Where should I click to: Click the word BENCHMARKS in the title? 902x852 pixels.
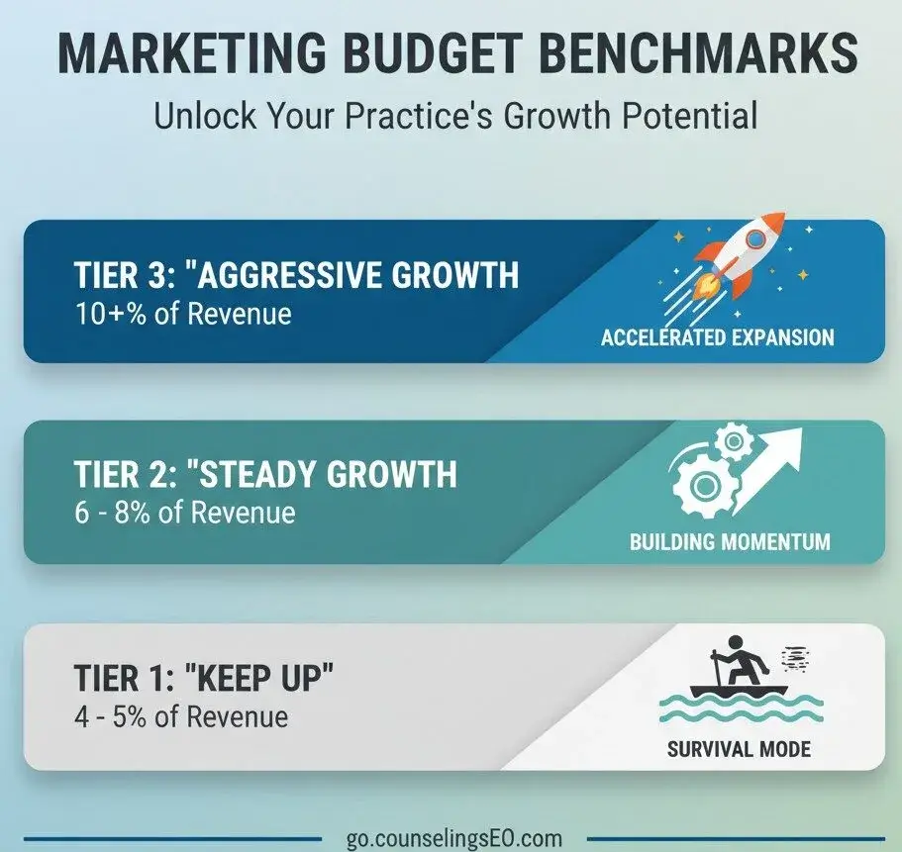pyautogui.click(x=698, y=52)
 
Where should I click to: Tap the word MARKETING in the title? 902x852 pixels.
pyautogui.click(x=192, y=52)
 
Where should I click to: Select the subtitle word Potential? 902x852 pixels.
pyautogui.click(x=689, y=116)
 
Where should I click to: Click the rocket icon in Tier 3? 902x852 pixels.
pyautogui.click(x=738, y=257)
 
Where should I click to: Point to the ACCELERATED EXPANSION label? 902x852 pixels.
pyautogui.click(x=718, y=336)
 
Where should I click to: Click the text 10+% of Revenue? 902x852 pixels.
pyautogui.click(x=183, y=314)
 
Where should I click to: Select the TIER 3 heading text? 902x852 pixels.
pyautogui.click(x=296, y=274)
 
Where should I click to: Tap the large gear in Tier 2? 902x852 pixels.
pyautogui.click(x=703, y=486)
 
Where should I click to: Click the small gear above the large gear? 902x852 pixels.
pyautogui.click(x=733, y=441)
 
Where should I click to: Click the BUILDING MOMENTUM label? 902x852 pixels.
pyautogui.click(x=730, y=541)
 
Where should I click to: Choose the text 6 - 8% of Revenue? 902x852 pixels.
pyautogui.click(x=184, y=513)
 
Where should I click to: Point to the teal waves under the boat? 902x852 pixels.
pyautogui.click(x=741, y=709)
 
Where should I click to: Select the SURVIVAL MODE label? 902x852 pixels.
pyautogui.click(x=739, y=749)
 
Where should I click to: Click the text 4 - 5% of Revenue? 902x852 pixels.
pyautogui.click(x=181, y=716)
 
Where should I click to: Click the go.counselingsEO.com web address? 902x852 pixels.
pyautogui.click(x=453, y=838)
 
